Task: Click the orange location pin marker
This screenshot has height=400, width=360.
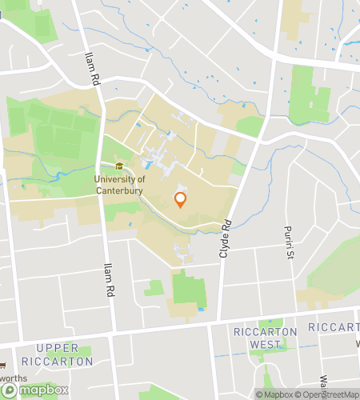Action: click(x=180, y=200)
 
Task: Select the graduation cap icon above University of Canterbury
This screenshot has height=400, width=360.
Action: click(x=119, y=166)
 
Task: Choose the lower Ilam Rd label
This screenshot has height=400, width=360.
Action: click(x=108, y=280)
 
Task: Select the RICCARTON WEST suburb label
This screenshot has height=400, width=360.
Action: click(x=265, y=338)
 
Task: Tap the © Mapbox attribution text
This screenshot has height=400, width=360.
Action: click(x=274, y=394)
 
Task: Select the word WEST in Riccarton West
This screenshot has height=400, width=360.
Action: click(x=265, y=344)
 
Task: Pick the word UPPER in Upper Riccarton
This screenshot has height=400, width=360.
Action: click(x=58, y=348)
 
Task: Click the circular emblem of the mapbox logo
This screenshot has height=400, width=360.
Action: click(x=10, y=390)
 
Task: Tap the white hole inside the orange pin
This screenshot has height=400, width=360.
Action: click(x=180, y=198)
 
